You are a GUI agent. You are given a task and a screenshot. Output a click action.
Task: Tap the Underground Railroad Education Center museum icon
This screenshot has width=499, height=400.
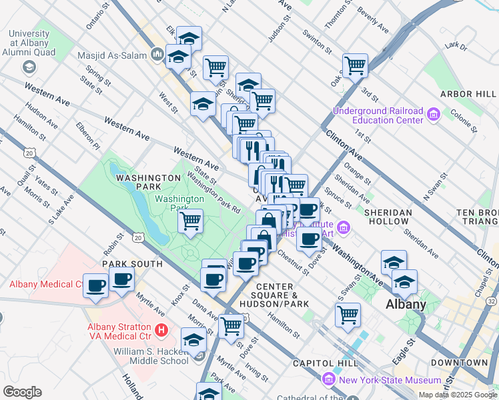pos(434,115)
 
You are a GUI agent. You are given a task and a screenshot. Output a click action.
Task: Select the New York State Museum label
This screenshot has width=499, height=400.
pos(390,380)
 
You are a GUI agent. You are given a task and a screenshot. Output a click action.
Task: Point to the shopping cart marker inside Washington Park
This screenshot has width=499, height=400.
pos(191,221)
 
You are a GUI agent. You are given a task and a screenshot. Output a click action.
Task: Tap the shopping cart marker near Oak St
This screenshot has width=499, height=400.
pos(355,65)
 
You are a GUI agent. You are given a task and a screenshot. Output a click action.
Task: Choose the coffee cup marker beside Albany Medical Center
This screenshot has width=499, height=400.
pos(96,286)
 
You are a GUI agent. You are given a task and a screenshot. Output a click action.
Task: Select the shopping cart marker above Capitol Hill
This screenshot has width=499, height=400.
pos(348,314)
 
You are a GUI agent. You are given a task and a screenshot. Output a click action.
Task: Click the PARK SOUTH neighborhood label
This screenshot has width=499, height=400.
pos(132,264)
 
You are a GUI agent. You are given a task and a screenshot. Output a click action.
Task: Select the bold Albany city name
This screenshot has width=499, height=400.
pos(406,305)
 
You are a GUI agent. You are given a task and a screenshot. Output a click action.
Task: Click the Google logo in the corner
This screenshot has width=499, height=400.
pos(22,392)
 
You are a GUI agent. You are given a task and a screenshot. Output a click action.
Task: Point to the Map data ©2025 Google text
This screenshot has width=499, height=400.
pos(457,395)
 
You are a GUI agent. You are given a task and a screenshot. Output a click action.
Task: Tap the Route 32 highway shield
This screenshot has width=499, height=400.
pos(492,302)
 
